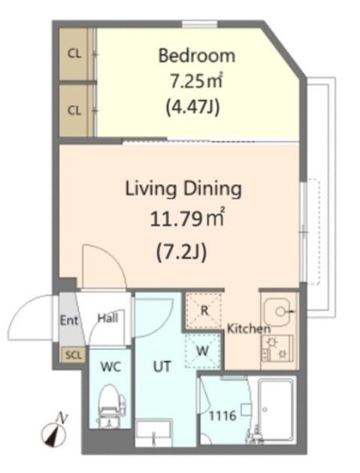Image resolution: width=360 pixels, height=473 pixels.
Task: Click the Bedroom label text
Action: (197, 56)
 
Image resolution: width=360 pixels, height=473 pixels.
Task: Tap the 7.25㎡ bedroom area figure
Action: (197, 80)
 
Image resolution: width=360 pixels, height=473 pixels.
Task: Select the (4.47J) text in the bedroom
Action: (193, 107)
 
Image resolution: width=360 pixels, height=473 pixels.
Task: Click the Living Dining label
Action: (183, 189)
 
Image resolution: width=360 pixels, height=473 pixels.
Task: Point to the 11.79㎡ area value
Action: (187, 218)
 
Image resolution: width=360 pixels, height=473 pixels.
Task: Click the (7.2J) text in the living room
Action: (182, 252)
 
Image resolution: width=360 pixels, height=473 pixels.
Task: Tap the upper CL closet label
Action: (74, 54)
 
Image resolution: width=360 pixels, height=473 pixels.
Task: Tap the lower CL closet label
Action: (74, 110)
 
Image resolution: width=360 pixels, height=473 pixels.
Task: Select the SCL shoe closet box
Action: (74, 355)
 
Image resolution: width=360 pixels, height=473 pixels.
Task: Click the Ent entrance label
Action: (69, 321)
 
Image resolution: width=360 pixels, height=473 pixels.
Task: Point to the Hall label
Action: (107, 318)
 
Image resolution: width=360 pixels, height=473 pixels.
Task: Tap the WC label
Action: (110, 367)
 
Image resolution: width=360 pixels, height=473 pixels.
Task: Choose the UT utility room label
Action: (162, 366)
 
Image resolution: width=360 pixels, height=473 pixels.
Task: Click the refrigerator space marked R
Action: (204, 310)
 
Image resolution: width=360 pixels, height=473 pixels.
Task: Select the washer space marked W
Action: (202, 351)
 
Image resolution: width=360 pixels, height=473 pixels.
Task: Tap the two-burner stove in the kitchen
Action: (277, 348)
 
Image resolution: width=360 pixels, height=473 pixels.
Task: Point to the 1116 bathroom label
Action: (223, 416)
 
